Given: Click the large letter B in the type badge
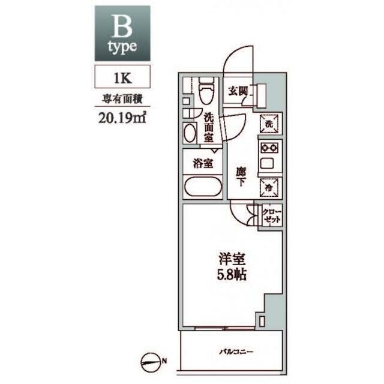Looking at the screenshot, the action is (x=122, y=26).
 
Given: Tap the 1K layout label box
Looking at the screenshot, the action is (x=122, y=76).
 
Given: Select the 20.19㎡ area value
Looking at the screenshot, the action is (x=122, y=118).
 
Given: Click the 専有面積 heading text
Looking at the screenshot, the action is (x=122, y=100).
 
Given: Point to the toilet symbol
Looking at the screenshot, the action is (x=206, y=91).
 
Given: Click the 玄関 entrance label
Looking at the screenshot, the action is (x=238, y=91).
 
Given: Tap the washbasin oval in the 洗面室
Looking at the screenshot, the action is (x=190, y=133).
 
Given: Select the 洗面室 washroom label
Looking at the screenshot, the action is (x=209, y=127).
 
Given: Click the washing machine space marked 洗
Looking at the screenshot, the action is (x=269, y=124).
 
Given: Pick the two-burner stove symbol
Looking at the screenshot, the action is (x=269, y=148).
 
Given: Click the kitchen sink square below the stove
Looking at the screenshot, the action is (x=267, y=163).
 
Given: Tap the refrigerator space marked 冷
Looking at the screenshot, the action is (x=269, y=188).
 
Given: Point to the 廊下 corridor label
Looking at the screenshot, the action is (x=241, y=177).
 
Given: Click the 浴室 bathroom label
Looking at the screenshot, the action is (x=203, y=164).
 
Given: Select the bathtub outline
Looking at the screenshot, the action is (x=203, y=187).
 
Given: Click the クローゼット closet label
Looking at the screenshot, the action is (x=272, y=216).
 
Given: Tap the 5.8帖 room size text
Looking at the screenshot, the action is (x=232, y=275).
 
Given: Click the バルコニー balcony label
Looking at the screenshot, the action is (x=236, y=352).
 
